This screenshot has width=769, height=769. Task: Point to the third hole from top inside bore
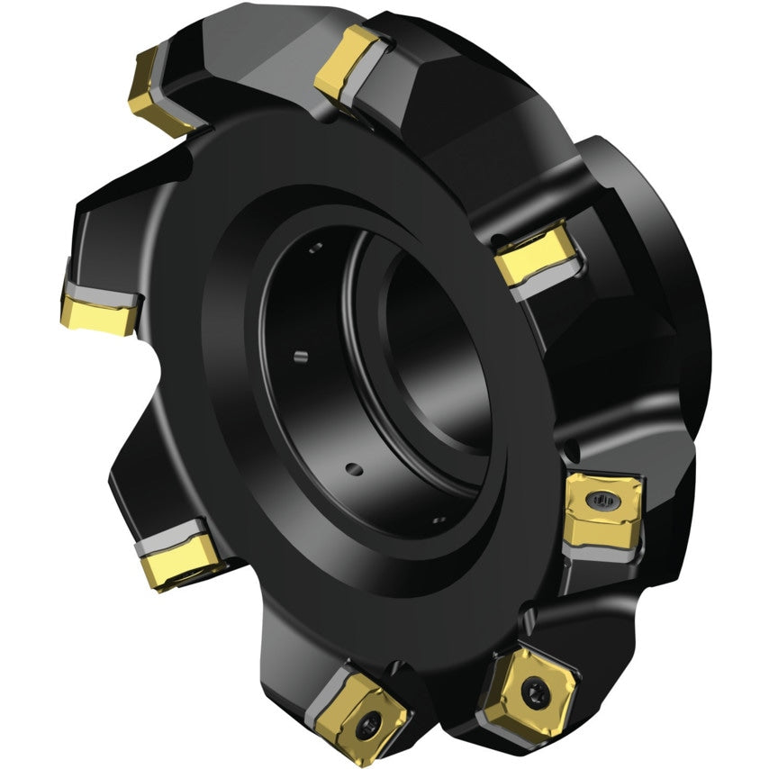coord(354,468)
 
